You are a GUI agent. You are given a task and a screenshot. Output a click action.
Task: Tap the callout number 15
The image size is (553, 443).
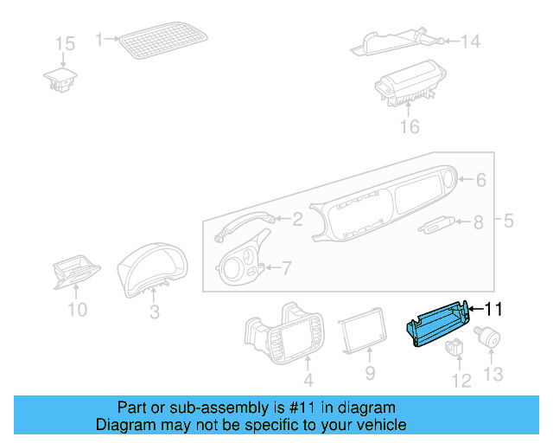pyautogui.click(x=66, y=43)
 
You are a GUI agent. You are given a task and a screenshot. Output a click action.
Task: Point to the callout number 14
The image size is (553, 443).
pyautogui.click(x=469, y=41)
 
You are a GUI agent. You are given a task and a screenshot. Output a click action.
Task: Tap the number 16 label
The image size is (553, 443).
pyautogui.click(x=409, y=127)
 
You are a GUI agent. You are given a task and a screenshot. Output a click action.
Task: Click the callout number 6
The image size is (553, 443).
pyautogui.click(x=481, y=180)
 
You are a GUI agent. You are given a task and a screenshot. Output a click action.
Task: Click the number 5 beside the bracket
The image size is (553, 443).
pyautogui.click(x=508, y=221)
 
